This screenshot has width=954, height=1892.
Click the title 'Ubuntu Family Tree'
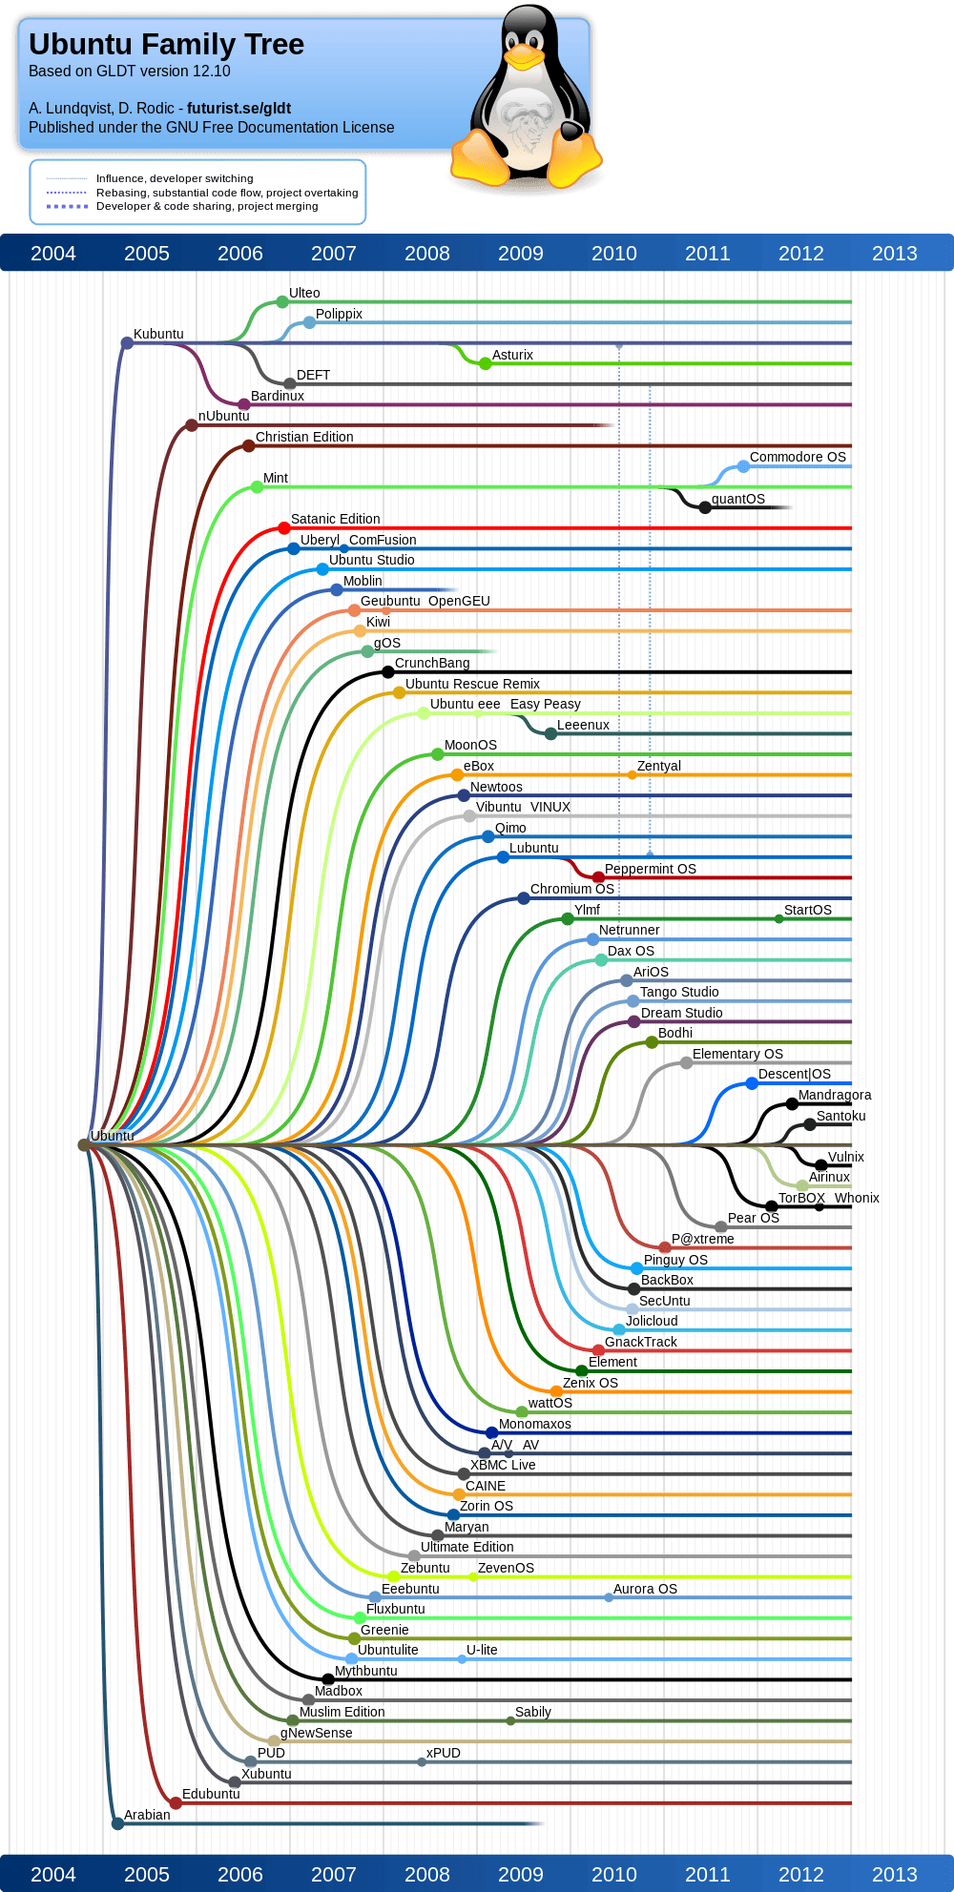[x=166, y=44]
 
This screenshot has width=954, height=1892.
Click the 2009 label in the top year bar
[x=521, y=254]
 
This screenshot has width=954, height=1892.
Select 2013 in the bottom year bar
[x=895, y=1875]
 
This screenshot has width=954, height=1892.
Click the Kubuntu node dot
[x=127, y=342]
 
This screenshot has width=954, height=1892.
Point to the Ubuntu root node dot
[x=84, y=1144]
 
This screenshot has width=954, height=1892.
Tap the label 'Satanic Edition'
[x=336, y=519]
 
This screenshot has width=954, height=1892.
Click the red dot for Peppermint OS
[x=598, y=877]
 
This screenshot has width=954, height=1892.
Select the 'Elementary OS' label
[x=737, y=1054]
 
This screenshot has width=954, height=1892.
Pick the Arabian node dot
[x=117, y=1823]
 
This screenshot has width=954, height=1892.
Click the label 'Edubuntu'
[x=211, y=1794]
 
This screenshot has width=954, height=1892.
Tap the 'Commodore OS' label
[x=798, y=457]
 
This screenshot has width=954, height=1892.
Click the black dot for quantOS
[x=705, y=507]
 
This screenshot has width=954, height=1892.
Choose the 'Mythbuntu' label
[x=365, y=1671]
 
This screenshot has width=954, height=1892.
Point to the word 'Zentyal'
[x=659, y=766]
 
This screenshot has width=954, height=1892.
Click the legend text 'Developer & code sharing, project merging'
[x=207, y=206]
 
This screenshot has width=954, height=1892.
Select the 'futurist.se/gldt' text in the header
[x=238, y=108]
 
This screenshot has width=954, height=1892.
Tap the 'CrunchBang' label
[x=432, y=663]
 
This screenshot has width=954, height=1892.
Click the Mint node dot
[x=257, y=486]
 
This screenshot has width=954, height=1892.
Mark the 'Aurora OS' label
[x=645, y=1589]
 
